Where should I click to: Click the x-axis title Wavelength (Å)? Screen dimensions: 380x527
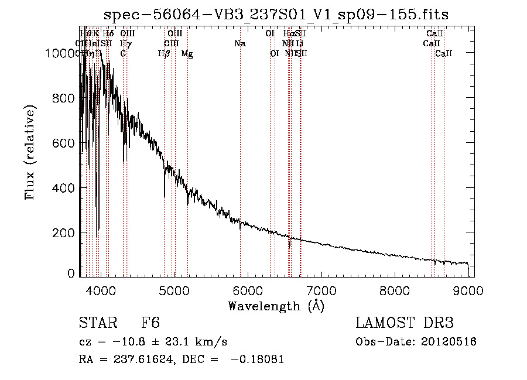(276, 306)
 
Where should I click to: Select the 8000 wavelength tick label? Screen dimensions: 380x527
(395, 289)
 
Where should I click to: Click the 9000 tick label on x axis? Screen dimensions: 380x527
(468, 289)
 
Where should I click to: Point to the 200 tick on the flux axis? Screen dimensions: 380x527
(66, 233)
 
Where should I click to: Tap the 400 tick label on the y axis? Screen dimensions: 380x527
(66, 188)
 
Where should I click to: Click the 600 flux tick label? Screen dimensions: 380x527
(66, 143)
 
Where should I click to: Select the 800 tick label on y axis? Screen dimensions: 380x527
(66, 98)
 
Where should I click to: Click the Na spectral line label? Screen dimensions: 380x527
(239, 43)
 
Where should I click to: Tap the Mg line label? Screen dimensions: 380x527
(187, 54)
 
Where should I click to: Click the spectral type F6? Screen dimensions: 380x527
(150, 324)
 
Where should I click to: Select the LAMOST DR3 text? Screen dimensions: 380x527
(404, 324)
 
